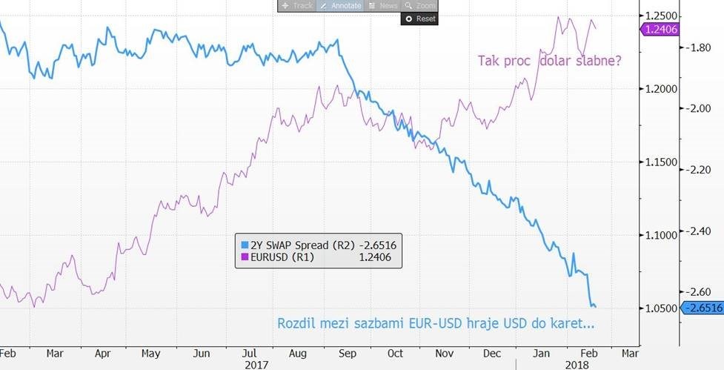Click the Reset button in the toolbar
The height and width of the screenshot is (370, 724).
(419, 19)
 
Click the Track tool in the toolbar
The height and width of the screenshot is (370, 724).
(297, 6)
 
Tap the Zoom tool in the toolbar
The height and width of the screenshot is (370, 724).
(420, 6)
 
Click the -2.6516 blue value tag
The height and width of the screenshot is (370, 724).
(701, 308)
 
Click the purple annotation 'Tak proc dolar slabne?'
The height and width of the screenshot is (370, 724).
(549, 61)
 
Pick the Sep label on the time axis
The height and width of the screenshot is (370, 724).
(347, 353)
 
